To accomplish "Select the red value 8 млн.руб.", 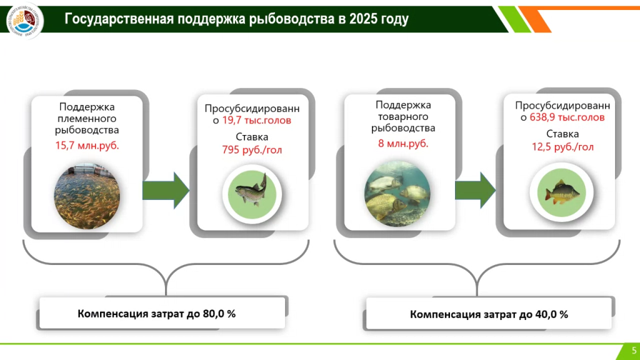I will pyautogui.click(x=403, y=143).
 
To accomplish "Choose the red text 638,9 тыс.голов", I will pyautogui.click(x=572, y=117).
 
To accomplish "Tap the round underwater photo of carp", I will pyautogui.click(x=397, y=192).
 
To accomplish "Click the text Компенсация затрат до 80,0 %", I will pyautogui.click(x=156, y=313).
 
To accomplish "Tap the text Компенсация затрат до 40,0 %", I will pyautogui.click(x=489, y=314).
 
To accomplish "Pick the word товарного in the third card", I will pyautogui.click(x=403, y=117).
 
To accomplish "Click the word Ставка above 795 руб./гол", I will pyautogui.click(x=252, y=137).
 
